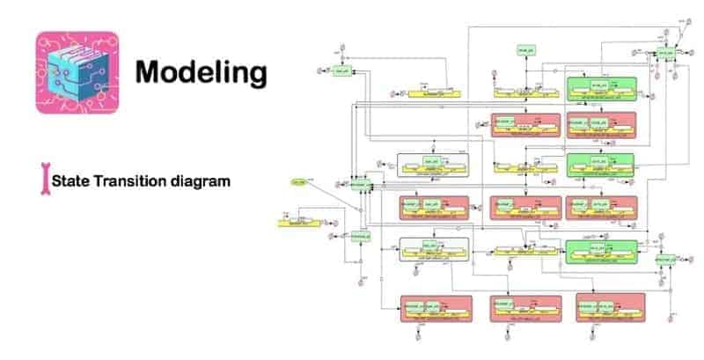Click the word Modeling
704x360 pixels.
click(201, 72)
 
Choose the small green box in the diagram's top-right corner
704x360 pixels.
click(666, 54)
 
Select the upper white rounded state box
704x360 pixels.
click(432, 165)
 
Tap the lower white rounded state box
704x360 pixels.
click(431, 248)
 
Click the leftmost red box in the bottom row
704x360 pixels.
click(436, 308)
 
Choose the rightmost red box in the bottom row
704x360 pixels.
click(611, 308)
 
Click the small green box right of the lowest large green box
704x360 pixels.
click(665, 259)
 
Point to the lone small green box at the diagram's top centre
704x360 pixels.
click(527, 51)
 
